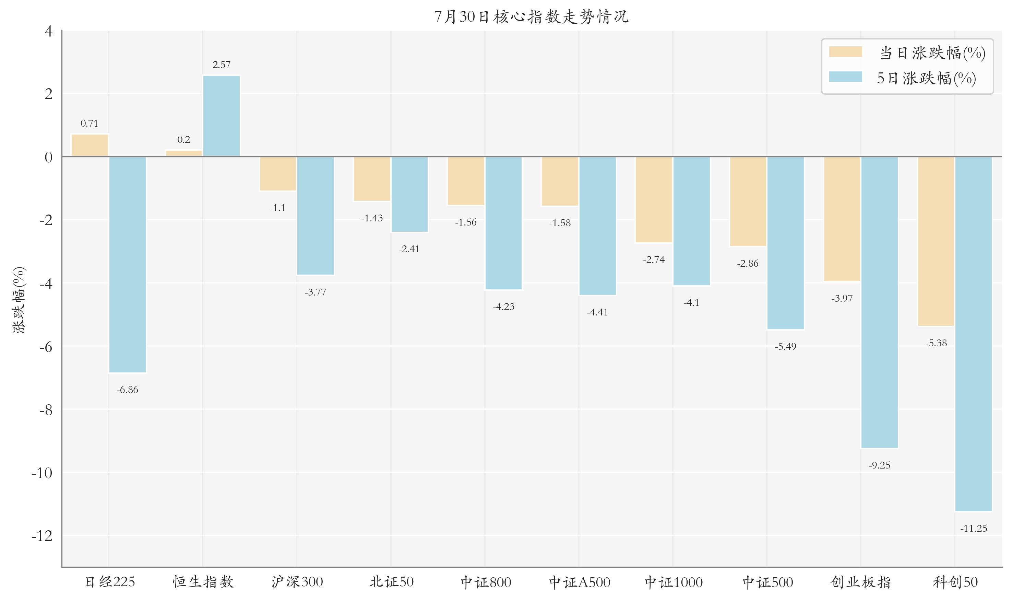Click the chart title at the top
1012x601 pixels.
[531, 16]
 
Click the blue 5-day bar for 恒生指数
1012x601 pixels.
[221, 116]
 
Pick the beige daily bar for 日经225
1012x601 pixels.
[90, 145]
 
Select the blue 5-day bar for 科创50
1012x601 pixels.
[974, 334]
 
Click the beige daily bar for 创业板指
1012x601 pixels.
[842, 219]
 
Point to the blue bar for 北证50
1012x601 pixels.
[409, 194]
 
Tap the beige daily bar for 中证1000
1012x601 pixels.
[654, 200]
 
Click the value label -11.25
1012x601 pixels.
[974, 528]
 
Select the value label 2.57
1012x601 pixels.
[221, 65]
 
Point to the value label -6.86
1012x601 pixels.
[128, 390]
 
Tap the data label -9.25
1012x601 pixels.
[879, 465]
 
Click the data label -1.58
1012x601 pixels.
[560, 223]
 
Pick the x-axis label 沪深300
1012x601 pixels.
[297, 582]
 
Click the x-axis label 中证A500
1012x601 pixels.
[580, 582]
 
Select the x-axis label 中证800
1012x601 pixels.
[486, 582]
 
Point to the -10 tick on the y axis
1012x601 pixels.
[42, 473]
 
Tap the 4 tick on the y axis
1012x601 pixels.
[49, 31]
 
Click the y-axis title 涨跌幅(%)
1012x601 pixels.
[20, 300]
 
